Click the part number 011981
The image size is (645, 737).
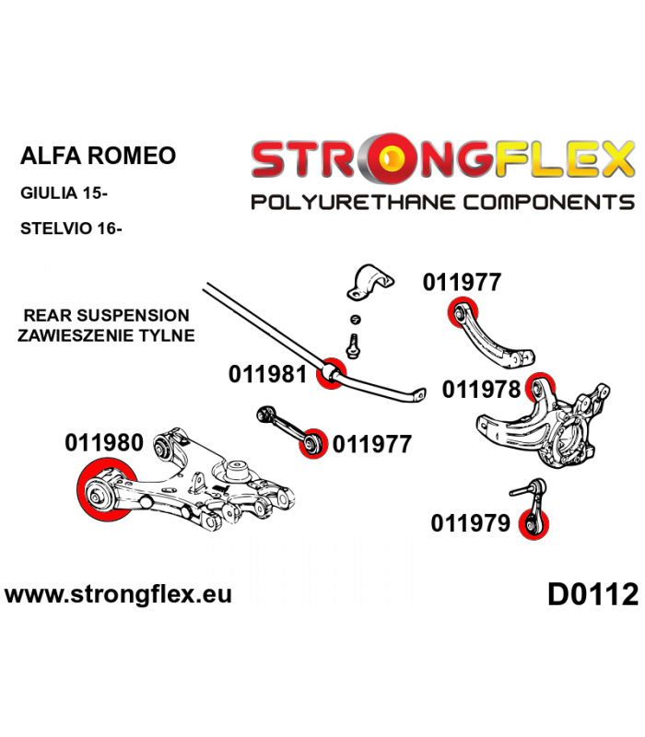click(267, 375)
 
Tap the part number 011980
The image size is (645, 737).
click(104, 443)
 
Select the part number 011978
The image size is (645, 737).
click(481, 389)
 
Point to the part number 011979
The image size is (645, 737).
click(470, 523)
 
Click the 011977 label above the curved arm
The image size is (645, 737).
click(462, 282)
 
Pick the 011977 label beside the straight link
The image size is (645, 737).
click(372, 444)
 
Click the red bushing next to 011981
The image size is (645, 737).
click(332, 373)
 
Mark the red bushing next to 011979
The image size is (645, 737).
click(534, 524)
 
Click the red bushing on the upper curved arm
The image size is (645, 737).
click(463, 312)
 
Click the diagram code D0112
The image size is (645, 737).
click(592, 594)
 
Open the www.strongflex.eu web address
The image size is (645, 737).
click(118, 594)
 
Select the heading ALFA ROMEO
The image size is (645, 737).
click(98, 156)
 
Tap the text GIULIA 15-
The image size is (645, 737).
click(64, 193)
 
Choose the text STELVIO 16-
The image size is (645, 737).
click(71, 228)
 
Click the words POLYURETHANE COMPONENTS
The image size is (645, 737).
click(443, 203)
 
